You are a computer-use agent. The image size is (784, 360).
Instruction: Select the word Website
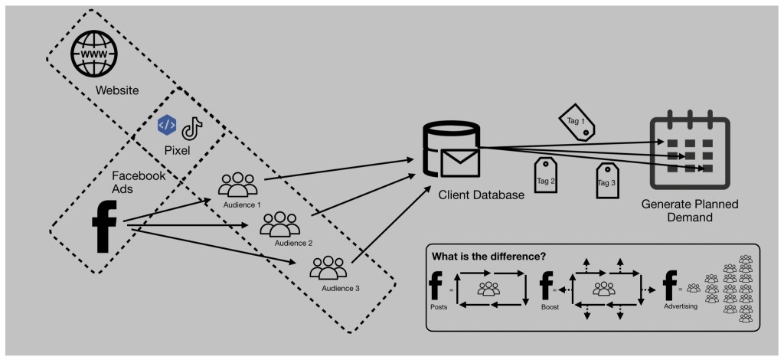[117, 91]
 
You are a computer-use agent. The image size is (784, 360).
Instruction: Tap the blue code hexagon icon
[166, 126]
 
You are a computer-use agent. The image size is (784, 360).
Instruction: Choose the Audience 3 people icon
[328, 268]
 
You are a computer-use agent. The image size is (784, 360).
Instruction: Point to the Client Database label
[481, 195]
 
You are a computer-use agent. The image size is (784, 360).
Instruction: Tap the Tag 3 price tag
[607, 180]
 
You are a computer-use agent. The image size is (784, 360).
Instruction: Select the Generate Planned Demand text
[690, 210]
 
